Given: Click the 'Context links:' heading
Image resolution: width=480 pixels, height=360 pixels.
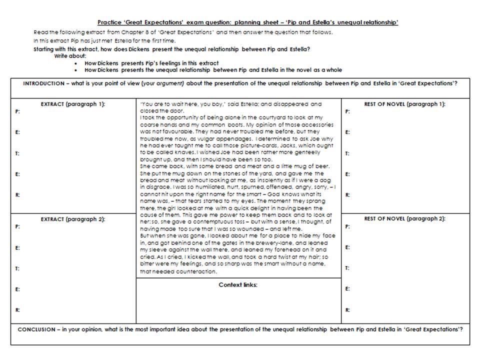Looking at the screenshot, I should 238,284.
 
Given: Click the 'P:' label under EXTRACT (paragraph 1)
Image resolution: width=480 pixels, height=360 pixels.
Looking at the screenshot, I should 17,112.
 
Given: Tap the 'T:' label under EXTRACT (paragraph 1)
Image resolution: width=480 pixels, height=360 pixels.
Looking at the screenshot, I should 17,153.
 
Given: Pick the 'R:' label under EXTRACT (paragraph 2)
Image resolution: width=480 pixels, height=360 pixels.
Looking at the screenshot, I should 17,310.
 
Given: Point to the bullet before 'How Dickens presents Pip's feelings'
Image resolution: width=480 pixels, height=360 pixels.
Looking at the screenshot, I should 75,63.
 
